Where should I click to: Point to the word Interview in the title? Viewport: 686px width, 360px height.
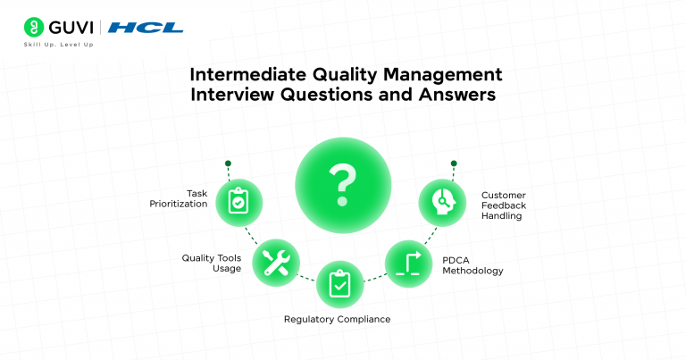tap(242, 95)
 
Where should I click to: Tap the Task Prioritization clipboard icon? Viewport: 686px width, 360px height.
tap(238, 202)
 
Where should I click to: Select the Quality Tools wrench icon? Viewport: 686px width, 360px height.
tap(275, 263)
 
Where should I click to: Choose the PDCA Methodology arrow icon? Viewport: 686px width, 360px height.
tap(408, 263)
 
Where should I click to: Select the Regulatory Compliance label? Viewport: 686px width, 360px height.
tap(337, 319)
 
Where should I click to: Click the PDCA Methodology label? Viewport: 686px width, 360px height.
tap(473, 264)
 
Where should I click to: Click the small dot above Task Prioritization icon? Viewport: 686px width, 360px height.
tap(229, 163)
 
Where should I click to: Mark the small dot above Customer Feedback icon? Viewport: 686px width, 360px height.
tap(454, 163)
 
